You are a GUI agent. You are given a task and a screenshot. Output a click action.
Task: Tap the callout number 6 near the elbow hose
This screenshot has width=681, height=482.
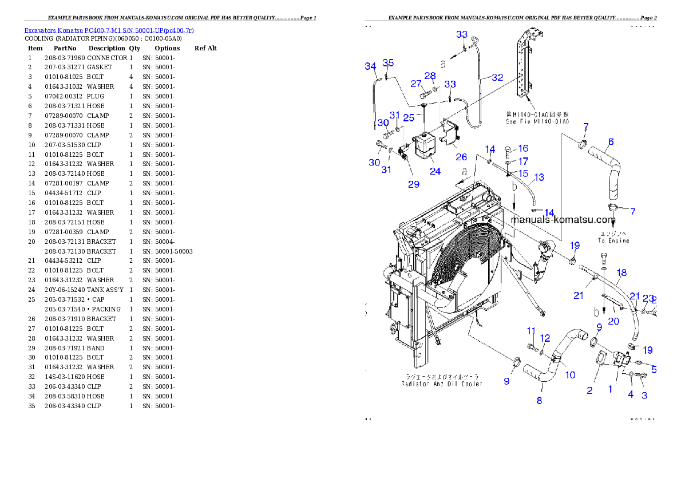pos(611,141)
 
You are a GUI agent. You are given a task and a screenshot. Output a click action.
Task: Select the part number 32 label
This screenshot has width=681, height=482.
pos(497,77)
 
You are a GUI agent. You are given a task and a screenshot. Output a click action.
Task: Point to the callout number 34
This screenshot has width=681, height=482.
pos(370,66)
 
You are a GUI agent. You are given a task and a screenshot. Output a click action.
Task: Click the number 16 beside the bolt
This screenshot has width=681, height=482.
pos(523,148)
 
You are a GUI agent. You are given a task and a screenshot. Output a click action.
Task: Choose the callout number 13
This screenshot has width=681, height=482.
pos(539,177)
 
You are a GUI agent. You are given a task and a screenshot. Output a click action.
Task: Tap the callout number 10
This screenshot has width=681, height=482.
pos(570,375)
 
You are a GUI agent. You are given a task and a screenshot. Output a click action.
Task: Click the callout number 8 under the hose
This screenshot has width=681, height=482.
pos(539,401)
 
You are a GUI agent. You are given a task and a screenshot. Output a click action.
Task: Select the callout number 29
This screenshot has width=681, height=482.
pos(413,184)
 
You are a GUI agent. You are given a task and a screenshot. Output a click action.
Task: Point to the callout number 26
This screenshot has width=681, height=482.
pos(461,157)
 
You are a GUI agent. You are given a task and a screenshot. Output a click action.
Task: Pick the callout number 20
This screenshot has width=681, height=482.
pos(613,321)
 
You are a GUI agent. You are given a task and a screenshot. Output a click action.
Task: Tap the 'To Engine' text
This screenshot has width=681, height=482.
pos(613,241)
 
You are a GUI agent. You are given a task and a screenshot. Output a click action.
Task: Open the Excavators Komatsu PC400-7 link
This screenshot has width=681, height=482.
pos(109,30)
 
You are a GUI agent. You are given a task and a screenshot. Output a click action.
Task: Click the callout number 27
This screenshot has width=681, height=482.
pos(416,84)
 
